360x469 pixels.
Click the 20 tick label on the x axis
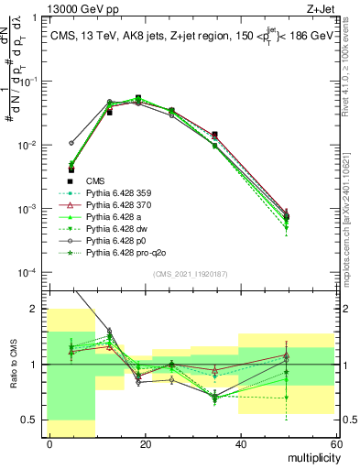[146, 445]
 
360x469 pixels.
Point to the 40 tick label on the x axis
[241, 445]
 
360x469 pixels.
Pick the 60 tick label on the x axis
[336, 445]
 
